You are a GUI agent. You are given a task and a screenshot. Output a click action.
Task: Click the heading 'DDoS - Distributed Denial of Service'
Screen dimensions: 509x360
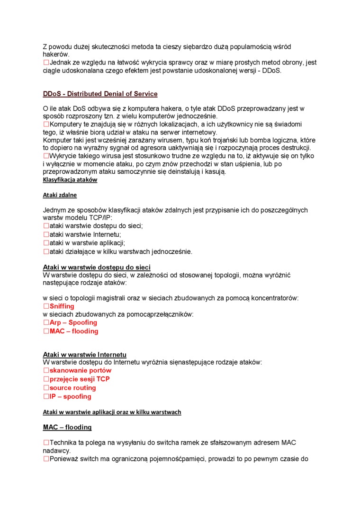coord(100,94)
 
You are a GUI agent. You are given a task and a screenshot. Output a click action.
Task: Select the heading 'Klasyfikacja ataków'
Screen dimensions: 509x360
coord(70,180)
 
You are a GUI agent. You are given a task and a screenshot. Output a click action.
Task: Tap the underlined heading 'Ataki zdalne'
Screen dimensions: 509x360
coord(60,195)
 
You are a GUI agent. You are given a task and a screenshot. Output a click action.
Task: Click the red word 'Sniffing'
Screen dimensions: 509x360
coord(62,306)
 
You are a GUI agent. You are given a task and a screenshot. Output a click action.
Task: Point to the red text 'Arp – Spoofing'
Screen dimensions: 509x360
coord(73,322)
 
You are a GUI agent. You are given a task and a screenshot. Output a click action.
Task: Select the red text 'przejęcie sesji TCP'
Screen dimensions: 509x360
coord(80,379)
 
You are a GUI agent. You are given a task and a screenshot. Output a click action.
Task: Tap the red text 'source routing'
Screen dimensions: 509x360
coord(72,388)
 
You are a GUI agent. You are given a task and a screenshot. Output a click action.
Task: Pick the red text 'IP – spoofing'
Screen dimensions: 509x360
coord(70,396)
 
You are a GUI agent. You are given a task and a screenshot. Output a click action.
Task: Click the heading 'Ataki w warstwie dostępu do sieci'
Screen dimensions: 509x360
coord(97,268)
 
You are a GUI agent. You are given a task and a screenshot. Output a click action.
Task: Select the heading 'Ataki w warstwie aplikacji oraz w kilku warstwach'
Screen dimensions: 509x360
coord(112,412)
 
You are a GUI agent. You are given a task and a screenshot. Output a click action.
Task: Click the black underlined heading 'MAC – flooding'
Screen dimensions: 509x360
coord(67,427)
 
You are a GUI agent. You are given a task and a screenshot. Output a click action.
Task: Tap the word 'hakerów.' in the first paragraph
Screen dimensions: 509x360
coord(56,54)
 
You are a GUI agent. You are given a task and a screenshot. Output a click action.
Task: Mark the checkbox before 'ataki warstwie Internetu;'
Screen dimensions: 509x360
coord(46,234)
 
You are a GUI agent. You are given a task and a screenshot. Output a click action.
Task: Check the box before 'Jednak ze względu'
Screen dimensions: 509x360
coord(46,63)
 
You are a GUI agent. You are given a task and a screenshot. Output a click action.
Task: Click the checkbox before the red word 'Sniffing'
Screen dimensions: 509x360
coord(46,306)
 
